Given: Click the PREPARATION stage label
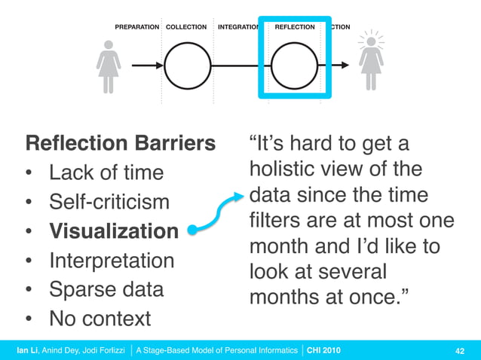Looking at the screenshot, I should click(x=136, y=27).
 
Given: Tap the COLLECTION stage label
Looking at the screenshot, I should click(x=186, y=27).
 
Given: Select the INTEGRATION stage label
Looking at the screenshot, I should click(x=237, y=27).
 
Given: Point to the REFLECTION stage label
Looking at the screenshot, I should click(x=295, y=27).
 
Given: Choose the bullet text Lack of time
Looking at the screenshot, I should click(x=106, y=172).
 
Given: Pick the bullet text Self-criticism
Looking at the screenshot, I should click(x=110, y=202).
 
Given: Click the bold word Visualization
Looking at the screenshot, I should click(x=114, y=231).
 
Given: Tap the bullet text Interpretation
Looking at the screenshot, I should click(x=112, y=261).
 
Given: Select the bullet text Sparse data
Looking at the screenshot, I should click(x=106, y=290).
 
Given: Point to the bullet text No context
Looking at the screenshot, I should click(x=100, y=319).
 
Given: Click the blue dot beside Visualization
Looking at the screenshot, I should click(x=194, y=232).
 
